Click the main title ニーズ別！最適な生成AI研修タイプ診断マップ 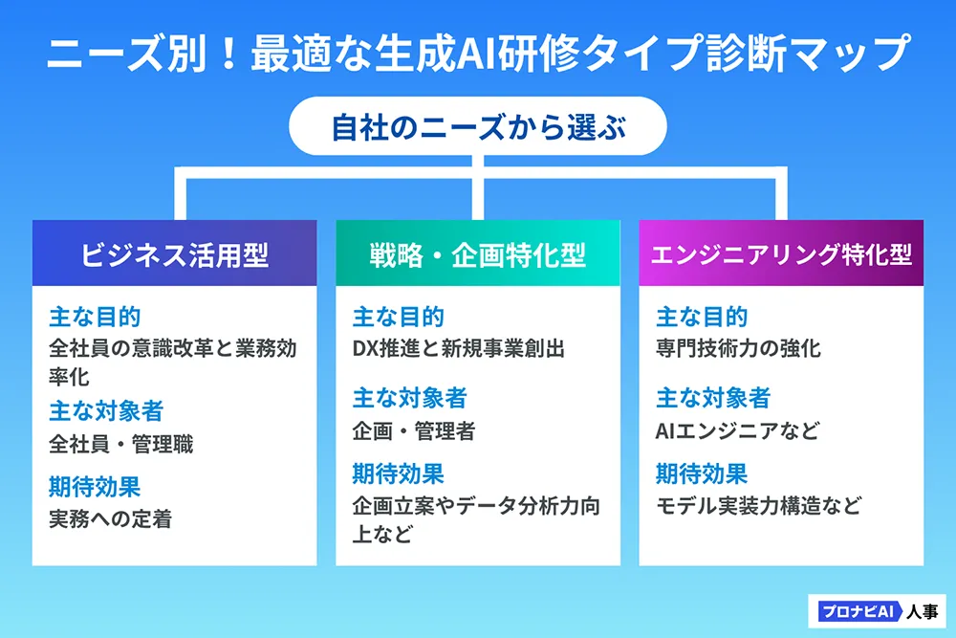point(479,53)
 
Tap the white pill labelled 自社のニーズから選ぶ point(478,126)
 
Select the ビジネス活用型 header point(174,253)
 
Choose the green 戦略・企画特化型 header point(478,253)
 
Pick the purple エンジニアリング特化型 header point(781,253)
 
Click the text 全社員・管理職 point(120,444)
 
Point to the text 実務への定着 point(110,519)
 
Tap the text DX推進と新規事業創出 point(459,348)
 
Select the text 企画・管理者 point(413,431)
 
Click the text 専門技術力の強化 point(738,348)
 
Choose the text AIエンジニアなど point(737,431)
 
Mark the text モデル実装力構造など point(759,506)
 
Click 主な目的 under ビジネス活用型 point(95,318)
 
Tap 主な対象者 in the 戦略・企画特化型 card point(409,398)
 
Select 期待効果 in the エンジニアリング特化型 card point(702,473)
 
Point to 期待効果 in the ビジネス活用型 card point(95,487)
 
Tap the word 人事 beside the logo point(922,611)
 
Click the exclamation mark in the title point(229,53)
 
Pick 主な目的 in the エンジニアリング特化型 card point(702,318)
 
